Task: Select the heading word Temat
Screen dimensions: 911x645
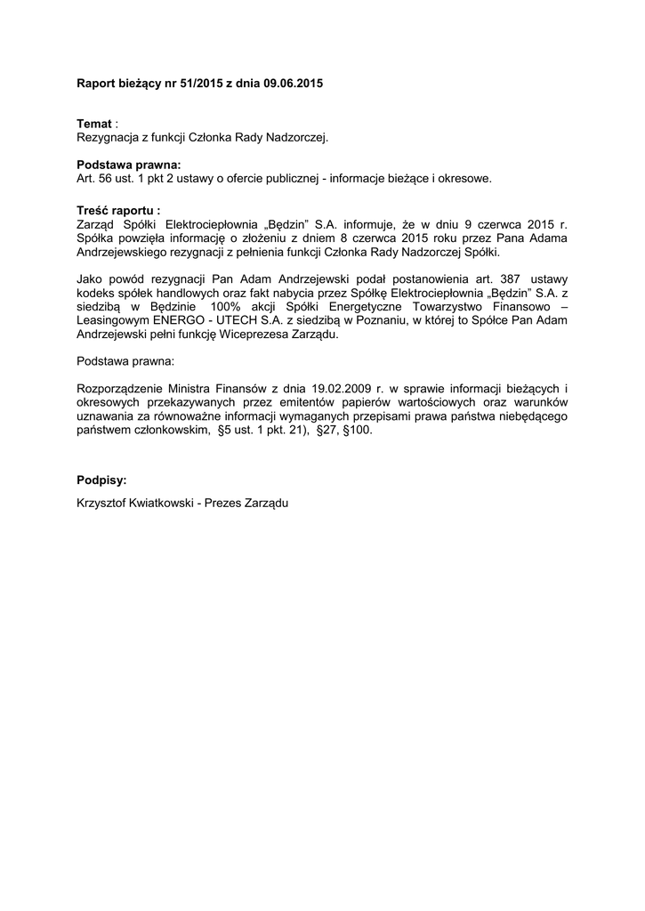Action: [94, 124]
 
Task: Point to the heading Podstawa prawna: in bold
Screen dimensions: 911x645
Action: [129, 165]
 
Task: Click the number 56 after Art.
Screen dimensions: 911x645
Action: [106, 178]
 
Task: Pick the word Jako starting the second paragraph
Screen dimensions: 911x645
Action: [93, 278]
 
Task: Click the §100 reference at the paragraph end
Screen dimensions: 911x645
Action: [363, 430]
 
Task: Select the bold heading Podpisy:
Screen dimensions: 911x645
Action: [102, 480]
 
